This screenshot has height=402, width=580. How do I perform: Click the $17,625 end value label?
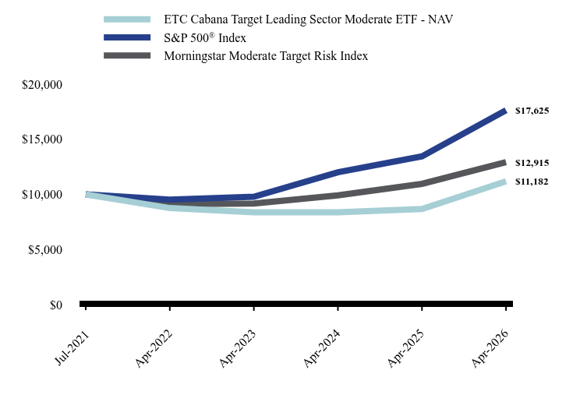pos(532,111)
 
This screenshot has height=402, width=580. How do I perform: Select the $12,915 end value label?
pos(532,163)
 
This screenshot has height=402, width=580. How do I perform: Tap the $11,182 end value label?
pos(532,182)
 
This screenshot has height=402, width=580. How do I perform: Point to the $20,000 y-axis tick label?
pos(42,85)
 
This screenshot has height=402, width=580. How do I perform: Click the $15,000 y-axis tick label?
pos(42,139)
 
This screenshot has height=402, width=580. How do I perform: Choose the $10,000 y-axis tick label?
pos(42,195)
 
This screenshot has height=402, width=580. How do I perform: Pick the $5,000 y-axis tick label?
pos(45,250)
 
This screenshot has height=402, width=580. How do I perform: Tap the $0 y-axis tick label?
pos(56,305)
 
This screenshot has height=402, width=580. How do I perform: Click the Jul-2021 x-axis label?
pos(72,347)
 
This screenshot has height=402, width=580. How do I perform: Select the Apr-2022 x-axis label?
pos(154,348)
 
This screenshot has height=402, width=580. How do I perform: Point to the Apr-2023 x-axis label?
pos(238,348)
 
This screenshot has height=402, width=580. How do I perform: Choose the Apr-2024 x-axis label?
pos(322,348)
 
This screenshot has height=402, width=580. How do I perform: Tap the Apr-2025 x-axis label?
pos(406,348)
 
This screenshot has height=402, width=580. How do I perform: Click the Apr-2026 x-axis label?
pos(490,348)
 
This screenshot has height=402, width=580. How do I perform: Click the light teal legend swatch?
pos(127,19)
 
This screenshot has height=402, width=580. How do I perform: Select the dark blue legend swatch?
pos(127,37)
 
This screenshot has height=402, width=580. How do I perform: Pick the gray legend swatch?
pos(127,55)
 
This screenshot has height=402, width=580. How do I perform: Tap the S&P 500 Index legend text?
pos(205,37)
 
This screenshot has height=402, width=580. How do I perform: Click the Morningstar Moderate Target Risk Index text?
pos(266,56)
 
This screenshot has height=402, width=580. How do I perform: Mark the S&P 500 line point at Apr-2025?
pos(422,157)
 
